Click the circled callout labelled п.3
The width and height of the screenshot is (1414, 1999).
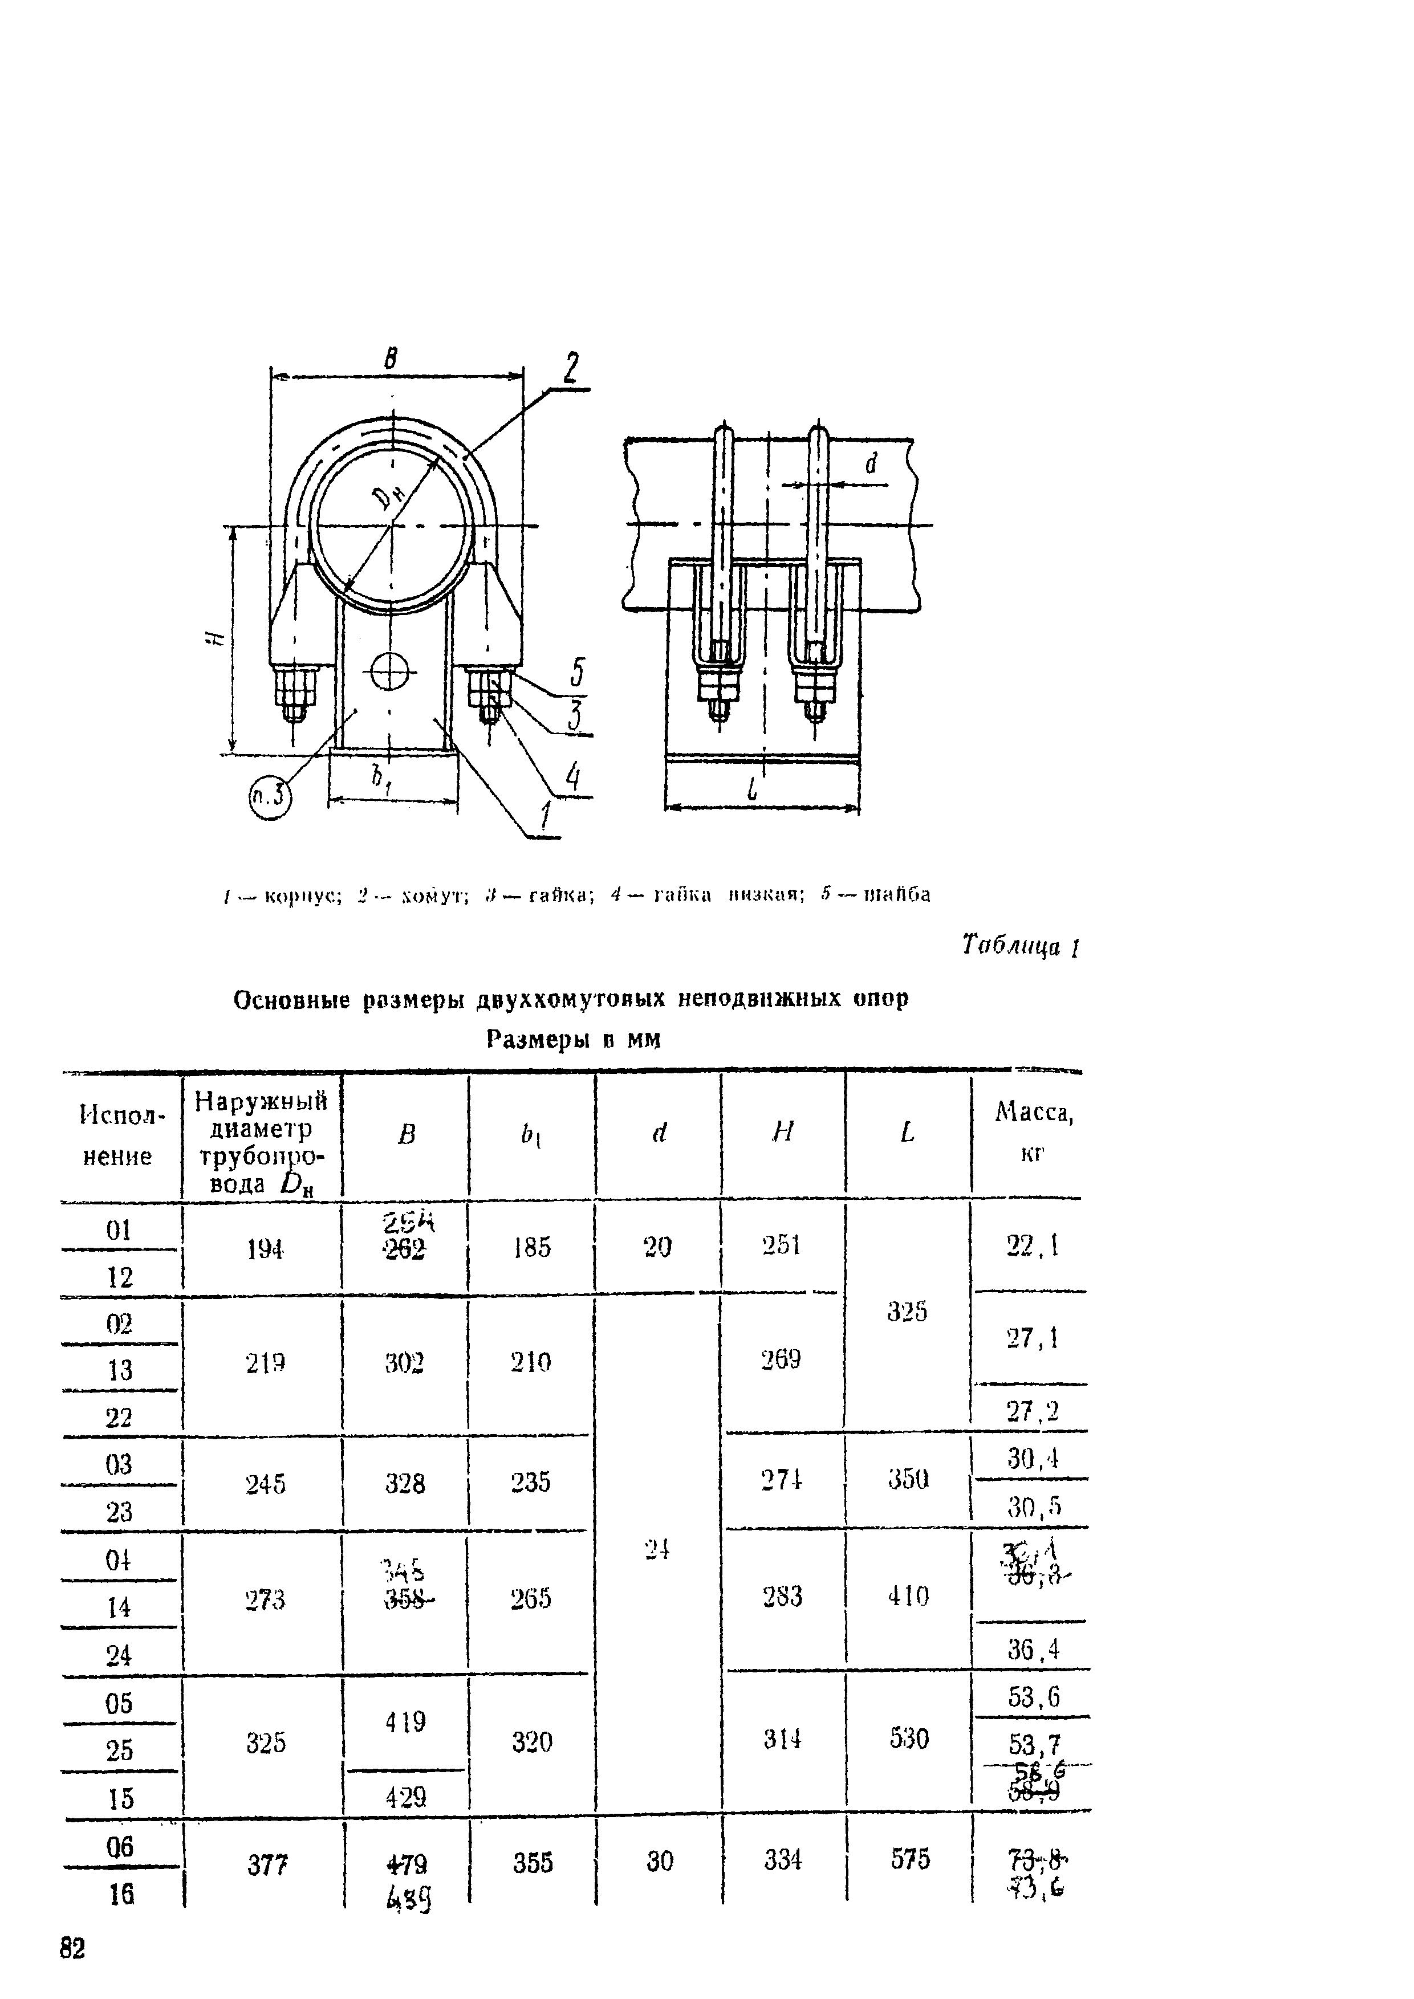[270, 797]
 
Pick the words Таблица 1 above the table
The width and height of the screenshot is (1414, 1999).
[1021, 946]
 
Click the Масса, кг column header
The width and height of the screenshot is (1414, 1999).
[1033, 1132]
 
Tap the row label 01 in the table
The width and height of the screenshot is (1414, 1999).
[119, 1230]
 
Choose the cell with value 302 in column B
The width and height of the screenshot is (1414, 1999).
[405, 1362]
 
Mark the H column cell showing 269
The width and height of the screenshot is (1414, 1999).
[781, 1359]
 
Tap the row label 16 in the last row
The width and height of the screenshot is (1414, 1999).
[120, 1895]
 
